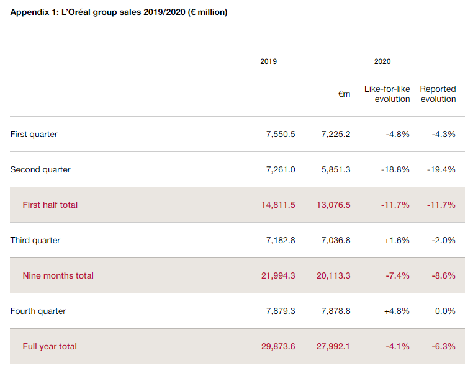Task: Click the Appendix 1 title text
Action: click(x=119, y=12)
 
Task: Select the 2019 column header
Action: click(x=269, y=61)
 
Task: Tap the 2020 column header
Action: click(x=382, y=61)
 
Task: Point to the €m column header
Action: click(x=344, y=94)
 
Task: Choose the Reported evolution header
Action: click(x=438, y=94)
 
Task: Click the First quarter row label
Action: click(x=34, y=134)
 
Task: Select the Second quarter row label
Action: click(x=40, y=169)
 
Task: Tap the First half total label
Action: click(x=50, y=205)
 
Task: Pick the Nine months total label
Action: click(x=58, y=275)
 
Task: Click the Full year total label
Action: click(x=50, y=346)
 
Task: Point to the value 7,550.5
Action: click(x=280, y=134)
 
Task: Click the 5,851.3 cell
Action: click(x=336, y=169)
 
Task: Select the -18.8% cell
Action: click(x=395, y=169)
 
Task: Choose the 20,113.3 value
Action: click(x=333, y=275)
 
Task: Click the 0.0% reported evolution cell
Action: click(x=445, y=311)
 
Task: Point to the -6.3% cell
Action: click(x=443, y=346)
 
